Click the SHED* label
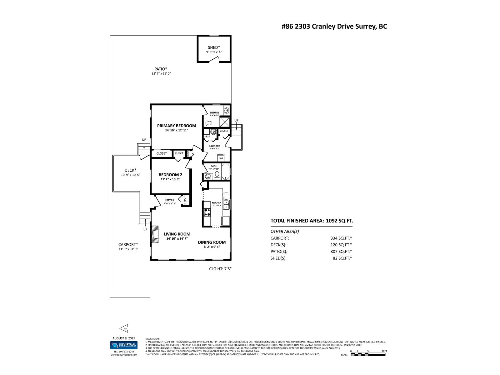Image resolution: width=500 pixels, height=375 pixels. point(214,47)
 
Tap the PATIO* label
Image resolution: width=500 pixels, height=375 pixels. point(161,69)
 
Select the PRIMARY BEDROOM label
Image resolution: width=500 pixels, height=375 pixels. point(177,126)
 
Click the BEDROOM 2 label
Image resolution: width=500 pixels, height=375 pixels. point(170,175)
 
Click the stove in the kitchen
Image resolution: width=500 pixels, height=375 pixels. point(207,212)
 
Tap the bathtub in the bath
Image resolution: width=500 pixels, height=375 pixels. point(225,171)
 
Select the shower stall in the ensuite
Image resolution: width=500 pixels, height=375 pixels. point(224,121)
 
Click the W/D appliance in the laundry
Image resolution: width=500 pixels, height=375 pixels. point(221,157)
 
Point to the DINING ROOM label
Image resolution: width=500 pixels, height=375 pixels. point(212,242)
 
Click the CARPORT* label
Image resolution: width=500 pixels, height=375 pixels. point(128,245)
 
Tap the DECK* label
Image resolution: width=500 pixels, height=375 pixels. point(131,170)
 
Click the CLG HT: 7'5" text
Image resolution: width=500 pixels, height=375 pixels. point(220,268)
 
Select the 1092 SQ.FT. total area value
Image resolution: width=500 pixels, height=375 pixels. point(339,221)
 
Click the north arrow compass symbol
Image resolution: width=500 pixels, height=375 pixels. point(124,328)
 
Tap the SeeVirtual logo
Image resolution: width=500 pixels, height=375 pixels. point(124,345)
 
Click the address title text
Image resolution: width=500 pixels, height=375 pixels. point(334,27)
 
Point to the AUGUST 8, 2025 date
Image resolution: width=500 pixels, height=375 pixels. point(124,338)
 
